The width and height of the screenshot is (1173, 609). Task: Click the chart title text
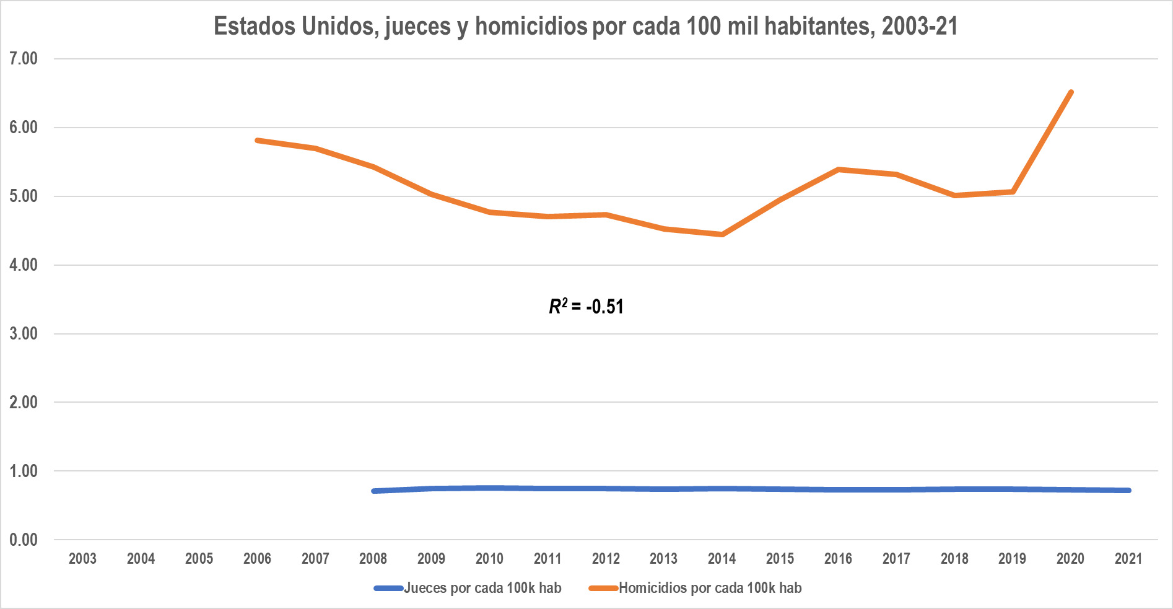coord(586,27)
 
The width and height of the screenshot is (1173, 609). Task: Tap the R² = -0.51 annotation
coord(586,306)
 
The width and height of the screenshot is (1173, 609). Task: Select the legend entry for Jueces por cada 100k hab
coord(468,588)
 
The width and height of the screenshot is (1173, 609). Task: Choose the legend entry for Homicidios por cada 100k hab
coord(695,588)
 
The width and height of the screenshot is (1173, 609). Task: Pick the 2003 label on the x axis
coord(82,559)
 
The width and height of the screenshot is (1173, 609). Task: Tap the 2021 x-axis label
coord(1128,559)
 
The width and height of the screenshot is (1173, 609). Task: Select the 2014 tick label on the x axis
coord(722,559)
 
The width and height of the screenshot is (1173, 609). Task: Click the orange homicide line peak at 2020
coord(1071,92)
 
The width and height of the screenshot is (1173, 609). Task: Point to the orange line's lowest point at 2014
coord(722,234)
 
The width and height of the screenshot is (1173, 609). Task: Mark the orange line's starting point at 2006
coord(257,141)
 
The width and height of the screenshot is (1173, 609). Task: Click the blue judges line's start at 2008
coord(373,491)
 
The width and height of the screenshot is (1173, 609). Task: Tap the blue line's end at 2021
coord(1128,490)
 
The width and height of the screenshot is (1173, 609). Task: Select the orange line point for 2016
coord(838,169)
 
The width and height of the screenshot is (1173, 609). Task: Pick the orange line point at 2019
coord(1013,191)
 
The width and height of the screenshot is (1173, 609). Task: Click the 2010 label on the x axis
coord(489,559)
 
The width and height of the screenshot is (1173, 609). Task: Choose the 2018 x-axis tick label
coord(954,559)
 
